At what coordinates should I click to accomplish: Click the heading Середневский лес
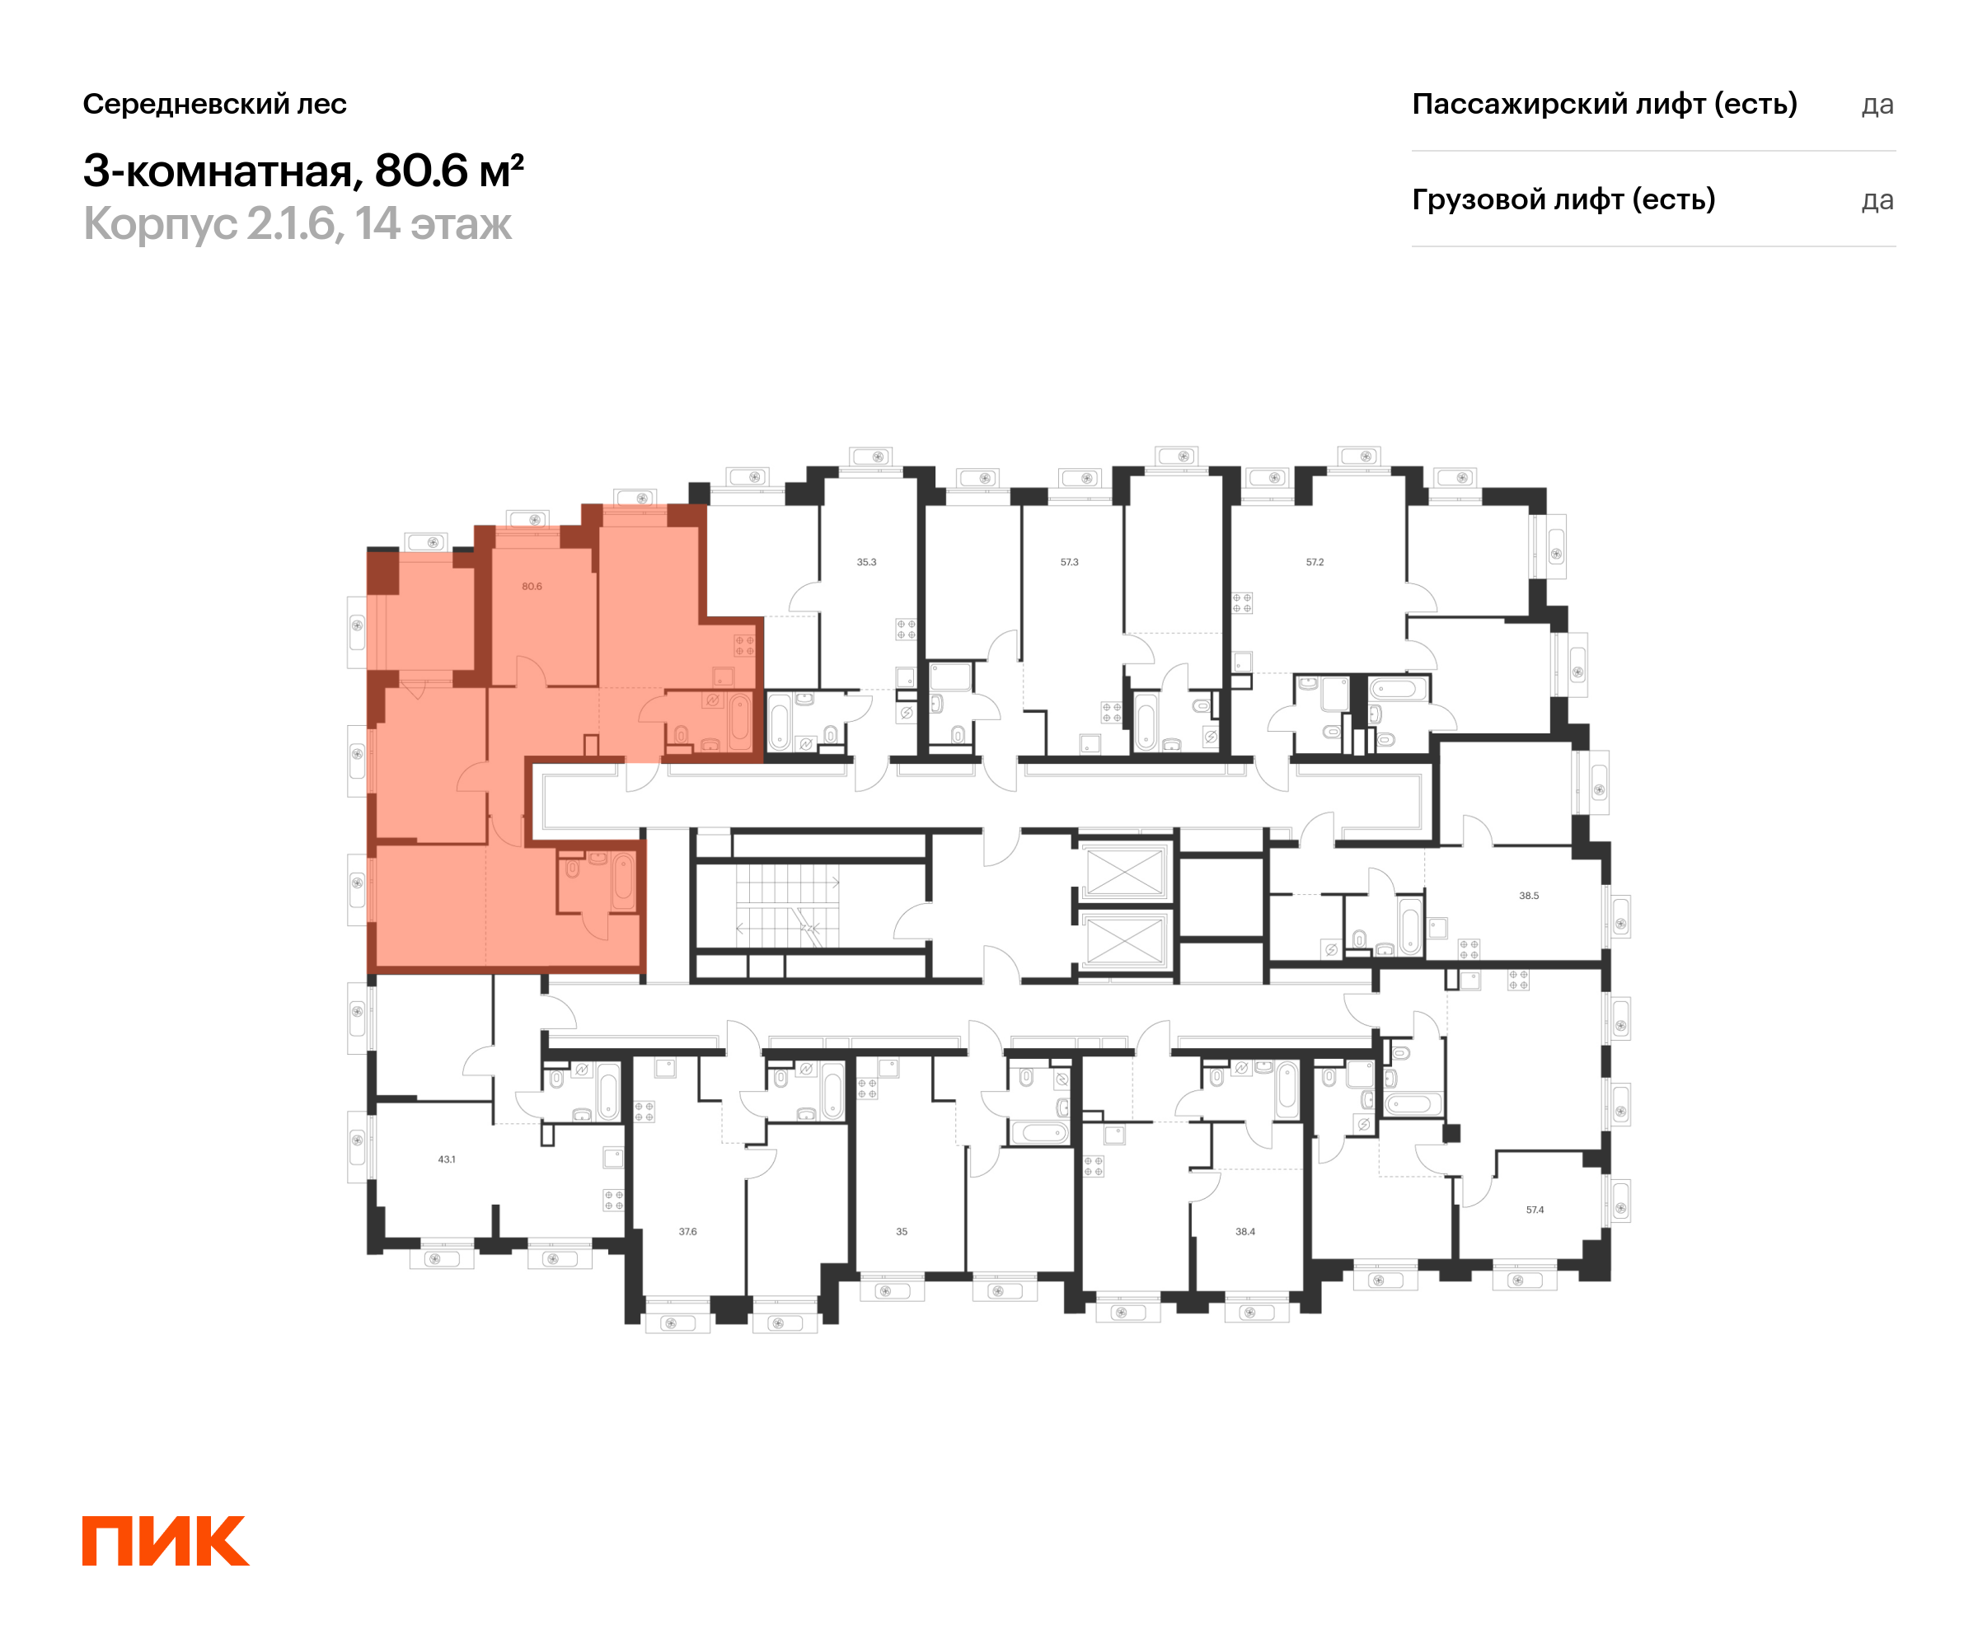pyautogui.click(x=215, y=104)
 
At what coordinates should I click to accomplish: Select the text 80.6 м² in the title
pyautogui.click(x=448, y=171)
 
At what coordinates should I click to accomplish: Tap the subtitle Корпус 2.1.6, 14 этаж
pyautogui.click(x=298, y=224)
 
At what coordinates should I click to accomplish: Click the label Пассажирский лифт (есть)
pyautogui.click(x=1604, y=104)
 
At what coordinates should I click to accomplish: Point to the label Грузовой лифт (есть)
pyautogui.click(x=1563, y=199)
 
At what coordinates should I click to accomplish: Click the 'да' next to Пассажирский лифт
pyautogui.click(x=1877, y=105)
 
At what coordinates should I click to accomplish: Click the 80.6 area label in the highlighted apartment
pyautogui.click(x=532, y=587)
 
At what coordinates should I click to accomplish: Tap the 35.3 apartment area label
pyautogui.click(x=866, y=562)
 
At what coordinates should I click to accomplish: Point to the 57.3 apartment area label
pyautogui.click(x=1069, y=562)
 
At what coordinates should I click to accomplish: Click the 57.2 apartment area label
pyautogui.click(x=1315, y=562)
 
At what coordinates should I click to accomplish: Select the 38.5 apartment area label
pyautogui.click(x=1529, y=896)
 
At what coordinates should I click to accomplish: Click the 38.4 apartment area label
pyautogui.click(x=1245, y=1232)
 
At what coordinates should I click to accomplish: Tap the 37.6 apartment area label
pyautogui.click(x=687, y=1232)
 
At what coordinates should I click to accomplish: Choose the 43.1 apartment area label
pyautogui.click(x=447, y=1159)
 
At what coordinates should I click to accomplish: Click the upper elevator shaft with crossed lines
pyautogui.click(x=1125, y=873)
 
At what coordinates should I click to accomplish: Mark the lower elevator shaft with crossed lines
pyautogui.click(x=1125, y=941)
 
